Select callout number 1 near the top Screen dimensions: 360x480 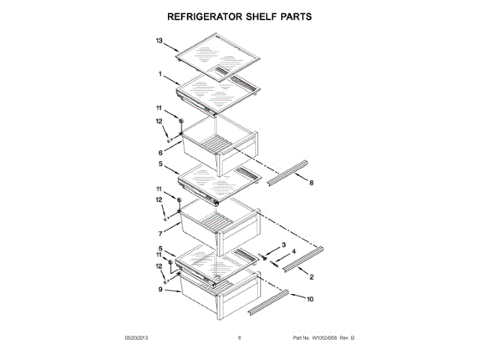(x=160, y=74)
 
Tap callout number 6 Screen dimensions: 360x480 (x=160, y=152)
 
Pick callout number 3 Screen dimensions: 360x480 (x=284, y=244)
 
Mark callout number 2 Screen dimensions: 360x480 (x=310, y=278)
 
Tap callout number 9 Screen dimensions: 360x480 (x=160, y=289)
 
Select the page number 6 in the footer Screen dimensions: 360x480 (x=239, y=337)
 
